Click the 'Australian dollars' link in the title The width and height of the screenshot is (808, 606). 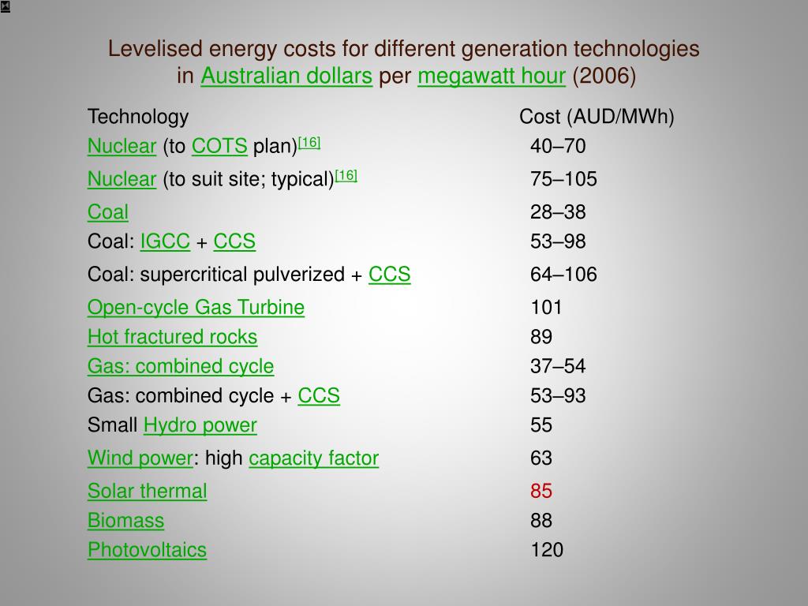click(286, 77)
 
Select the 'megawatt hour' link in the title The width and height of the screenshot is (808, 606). click(492, 77)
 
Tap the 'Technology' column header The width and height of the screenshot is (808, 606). click(138, 118)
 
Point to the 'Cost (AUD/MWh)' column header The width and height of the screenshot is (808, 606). click(597, 118)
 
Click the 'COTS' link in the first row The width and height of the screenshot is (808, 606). click(219, 147)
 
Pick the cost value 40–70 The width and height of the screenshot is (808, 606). click(558, 147)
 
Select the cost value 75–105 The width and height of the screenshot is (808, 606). click(563, 180)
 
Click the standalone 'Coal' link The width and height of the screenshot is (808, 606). click(108, 212)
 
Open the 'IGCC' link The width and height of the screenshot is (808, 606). click(165, 241)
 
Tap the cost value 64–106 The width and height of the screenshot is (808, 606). click(563, 275)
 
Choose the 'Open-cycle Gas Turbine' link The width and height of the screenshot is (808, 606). click(196, 308)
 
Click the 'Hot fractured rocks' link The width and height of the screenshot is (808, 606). click(172, 337)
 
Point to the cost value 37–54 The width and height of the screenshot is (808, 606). click(558, 366)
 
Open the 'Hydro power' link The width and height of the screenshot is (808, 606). click(200, 425)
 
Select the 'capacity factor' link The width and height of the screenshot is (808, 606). click(314, 458)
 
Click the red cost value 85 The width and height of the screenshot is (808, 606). click(541, 492)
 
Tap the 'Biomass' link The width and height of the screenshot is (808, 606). click(126, 521)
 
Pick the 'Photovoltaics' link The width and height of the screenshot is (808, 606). click(147, 550)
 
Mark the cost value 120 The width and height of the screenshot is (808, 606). click(547, 550)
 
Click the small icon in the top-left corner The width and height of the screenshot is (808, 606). click(5, 6)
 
